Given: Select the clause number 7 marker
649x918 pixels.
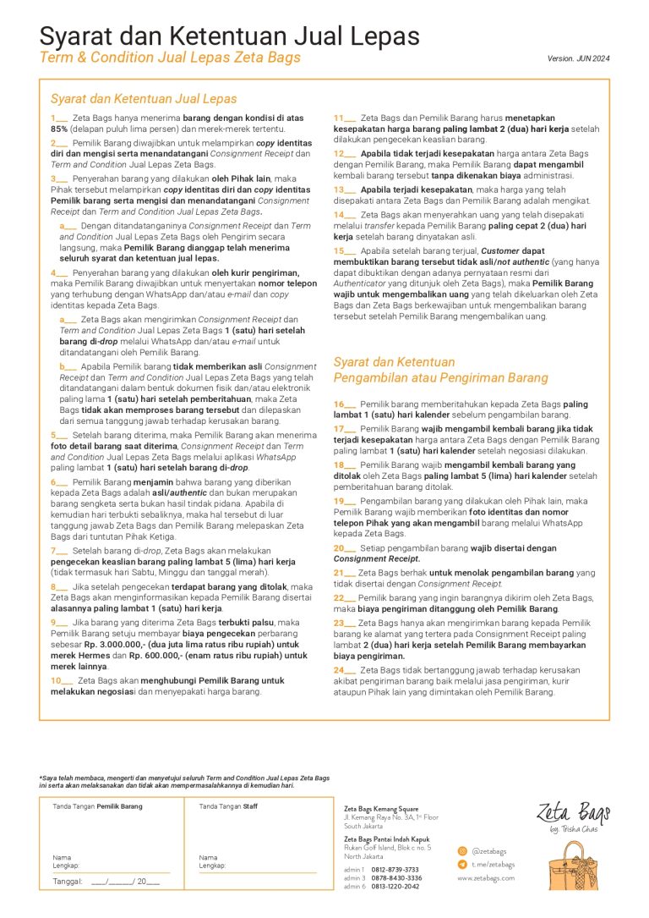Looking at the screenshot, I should coord(57,550).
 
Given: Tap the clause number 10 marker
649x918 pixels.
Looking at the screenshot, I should coord(60,680).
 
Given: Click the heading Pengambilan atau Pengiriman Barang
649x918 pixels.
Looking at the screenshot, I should coord(440,377).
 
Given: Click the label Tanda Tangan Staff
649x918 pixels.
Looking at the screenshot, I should coord(228,806).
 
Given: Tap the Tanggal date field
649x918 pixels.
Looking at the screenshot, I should coord(106,881).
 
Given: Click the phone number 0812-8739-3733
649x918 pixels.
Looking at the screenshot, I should coord(395,869).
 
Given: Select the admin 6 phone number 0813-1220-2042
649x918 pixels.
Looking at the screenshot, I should coord(395,887).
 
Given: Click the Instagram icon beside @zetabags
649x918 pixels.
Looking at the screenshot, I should coord(462,851).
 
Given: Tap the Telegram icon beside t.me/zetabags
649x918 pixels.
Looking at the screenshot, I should coord(462,865).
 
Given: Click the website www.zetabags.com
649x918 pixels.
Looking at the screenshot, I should coord(486,878).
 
